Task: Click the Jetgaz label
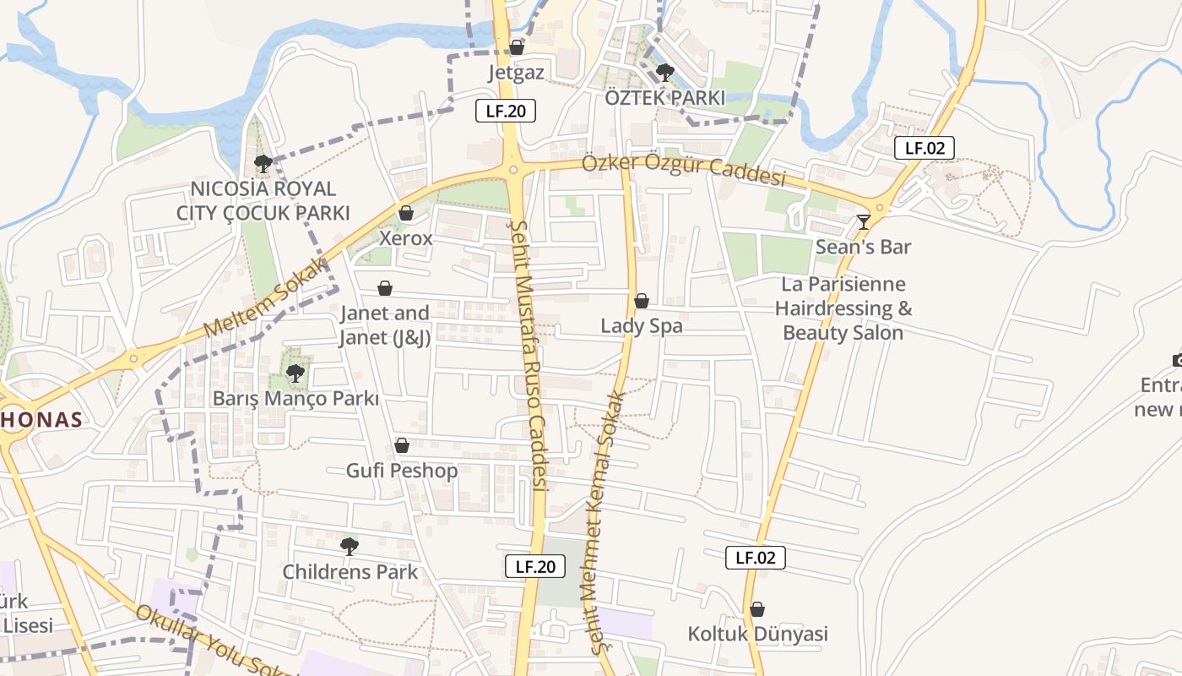[x=516, y=73]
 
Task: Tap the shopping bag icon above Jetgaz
[x=516, y=47]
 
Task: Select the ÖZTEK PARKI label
[x=664, y=98]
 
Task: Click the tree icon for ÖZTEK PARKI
[x=665, y=72]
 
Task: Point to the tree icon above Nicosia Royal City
[x=263, y=163]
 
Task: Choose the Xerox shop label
[x=405, y=238]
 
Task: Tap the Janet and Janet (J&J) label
[x=385, y=325]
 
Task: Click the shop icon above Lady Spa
[x=642, y=301]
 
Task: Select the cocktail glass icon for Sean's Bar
[x=863, y=222]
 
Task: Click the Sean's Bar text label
[x=863, y=247]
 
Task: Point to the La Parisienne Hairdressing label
[x=843, y=308]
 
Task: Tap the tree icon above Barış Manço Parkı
[x=295, y=373]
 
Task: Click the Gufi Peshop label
[x=402, y=471]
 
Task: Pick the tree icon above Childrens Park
[x=350, y=547]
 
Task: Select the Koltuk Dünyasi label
[x=757, y=634]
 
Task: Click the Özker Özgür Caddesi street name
[x=683, y=170]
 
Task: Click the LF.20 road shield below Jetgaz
[x=506, y=111]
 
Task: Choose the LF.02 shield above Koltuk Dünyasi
[x=755, y=558]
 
